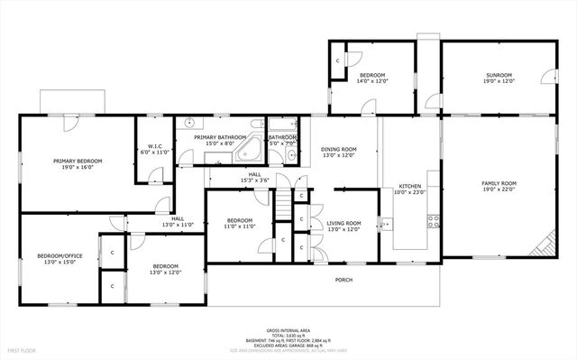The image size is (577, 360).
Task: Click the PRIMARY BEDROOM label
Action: click(78, 161)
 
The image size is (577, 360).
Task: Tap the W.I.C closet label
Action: click(155, 147)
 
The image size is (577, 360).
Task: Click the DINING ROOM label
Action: click(341, 149)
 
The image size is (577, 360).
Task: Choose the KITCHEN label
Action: click(408, 185)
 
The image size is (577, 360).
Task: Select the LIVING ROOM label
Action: click(344, 223)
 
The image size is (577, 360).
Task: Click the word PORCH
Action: click(344, 280)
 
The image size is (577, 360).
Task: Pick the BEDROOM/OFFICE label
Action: click(60, 256)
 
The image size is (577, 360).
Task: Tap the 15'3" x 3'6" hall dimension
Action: click(255, 181)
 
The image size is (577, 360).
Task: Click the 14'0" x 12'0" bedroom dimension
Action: click(372, 81)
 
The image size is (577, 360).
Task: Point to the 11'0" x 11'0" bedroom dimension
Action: click(240, 226)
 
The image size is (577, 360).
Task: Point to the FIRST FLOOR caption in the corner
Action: click(21, 349)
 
